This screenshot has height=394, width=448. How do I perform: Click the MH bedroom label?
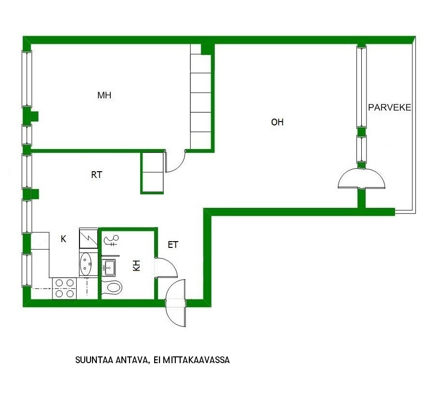[104, 95]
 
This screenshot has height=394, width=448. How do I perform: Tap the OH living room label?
[277, 122]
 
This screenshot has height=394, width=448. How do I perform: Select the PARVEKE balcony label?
[389, 107]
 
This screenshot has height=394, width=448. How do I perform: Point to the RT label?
[96, 175]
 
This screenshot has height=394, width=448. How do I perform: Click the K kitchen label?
[64, 239]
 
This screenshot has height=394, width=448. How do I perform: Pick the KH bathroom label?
[137, 266]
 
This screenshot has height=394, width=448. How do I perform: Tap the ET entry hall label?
[173, 245]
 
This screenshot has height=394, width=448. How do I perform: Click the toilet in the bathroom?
[112, 287]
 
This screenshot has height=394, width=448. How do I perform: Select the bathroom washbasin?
[109, 267]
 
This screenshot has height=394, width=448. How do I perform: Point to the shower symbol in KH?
[111, 240]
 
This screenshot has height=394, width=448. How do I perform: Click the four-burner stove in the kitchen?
[65, 288]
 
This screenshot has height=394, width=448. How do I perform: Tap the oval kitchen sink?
[85, 264]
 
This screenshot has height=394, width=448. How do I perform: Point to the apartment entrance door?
[175, 303]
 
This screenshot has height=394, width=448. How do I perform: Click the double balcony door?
[361, 178]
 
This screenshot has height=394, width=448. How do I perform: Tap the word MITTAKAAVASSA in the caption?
[196, 360]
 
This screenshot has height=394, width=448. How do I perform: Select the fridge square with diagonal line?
[88, 238]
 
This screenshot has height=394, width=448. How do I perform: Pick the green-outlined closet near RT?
[152, 173]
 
